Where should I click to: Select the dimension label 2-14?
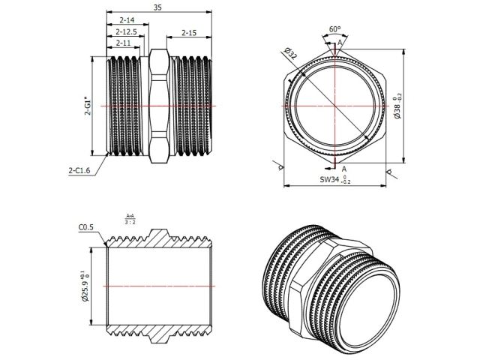126,19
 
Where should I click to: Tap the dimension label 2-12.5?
126,31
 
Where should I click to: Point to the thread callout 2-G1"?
88,107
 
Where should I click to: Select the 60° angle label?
334,29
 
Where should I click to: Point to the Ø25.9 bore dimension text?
88,286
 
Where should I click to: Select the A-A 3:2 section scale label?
130,220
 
